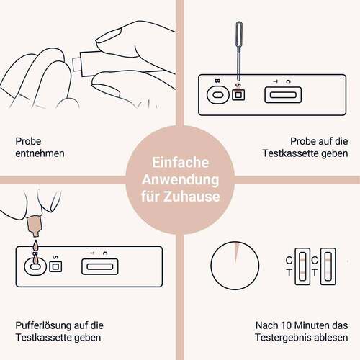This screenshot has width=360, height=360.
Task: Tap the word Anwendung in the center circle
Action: coord(180,179)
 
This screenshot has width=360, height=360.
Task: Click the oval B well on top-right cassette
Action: coord(214,94)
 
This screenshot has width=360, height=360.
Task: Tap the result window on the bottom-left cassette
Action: coord(101,266)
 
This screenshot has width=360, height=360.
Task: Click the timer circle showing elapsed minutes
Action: coord(233,266)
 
